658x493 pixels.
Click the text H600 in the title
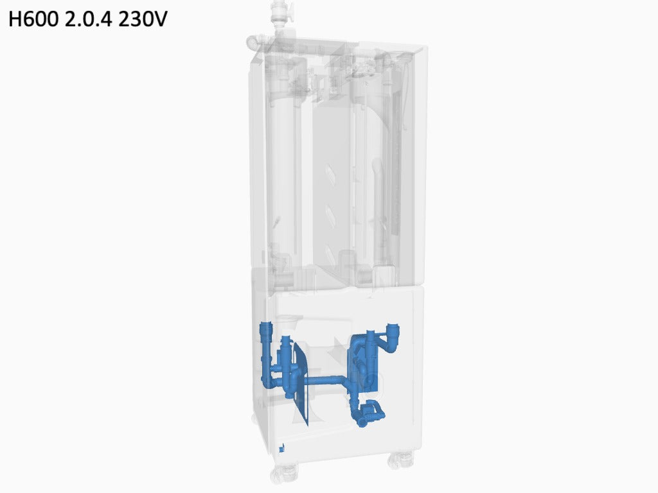pos(34,19)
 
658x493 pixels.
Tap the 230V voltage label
pos(143,19)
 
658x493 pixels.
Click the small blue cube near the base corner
pos(282,448)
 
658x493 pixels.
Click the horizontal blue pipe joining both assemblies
pos(325,381)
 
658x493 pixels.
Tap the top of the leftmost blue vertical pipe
pos(265,327)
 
